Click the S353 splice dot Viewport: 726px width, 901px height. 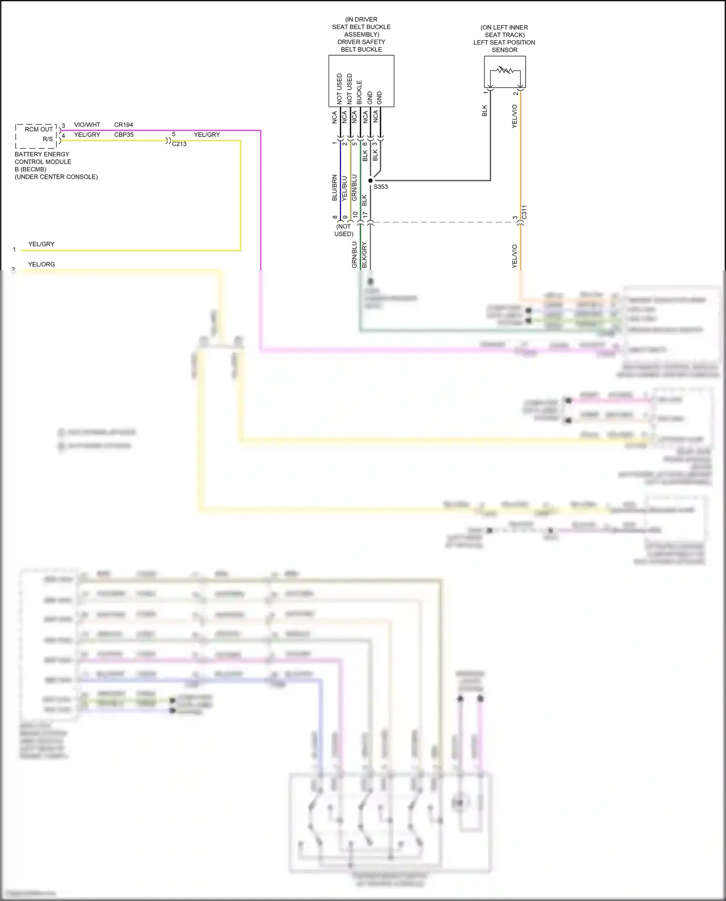[371, 181]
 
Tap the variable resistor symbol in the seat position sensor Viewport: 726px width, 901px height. [505, 71]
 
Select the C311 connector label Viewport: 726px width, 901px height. [524, 212]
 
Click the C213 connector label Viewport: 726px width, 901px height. [179, 144]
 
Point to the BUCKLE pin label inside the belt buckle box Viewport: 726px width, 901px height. [359, 92]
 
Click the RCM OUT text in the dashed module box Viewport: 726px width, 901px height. [39, 129]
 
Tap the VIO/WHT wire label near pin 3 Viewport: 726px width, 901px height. [87, 125]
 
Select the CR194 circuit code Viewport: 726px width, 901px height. [123, 125]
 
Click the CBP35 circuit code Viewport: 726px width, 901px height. [124, 135]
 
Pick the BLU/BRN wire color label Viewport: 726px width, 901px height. [334, 188]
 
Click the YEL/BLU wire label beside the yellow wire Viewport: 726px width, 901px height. [345, 188]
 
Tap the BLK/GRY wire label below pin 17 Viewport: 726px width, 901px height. [364, 255]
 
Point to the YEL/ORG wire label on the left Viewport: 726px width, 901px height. [42, 264]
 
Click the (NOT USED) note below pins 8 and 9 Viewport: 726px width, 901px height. [344, 230]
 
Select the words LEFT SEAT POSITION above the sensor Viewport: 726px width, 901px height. [504, 43]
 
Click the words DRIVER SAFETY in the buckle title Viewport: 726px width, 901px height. [361, 42]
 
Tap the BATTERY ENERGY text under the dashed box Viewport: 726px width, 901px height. [42, 154]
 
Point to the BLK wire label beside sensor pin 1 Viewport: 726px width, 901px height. [484, 111]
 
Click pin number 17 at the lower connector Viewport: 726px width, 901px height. [365, 214]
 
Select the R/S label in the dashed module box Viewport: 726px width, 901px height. [48, 139]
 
